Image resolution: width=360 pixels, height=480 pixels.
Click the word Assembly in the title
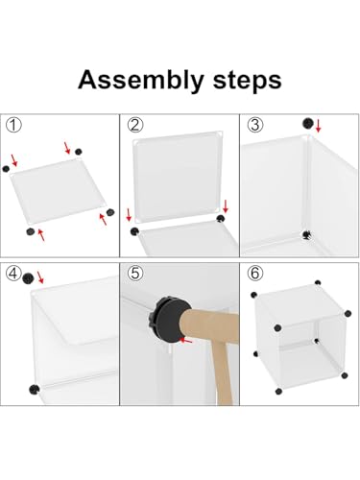(x=141, y=81)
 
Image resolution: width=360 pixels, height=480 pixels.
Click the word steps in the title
(x=247, y=80)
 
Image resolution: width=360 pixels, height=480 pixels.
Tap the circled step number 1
(x=13, y=125)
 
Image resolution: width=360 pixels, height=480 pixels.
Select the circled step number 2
(x=135, y=125)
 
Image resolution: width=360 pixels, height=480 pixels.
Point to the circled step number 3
(x=255, y=125)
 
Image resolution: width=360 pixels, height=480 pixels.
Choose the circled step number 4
(x=13, y=274)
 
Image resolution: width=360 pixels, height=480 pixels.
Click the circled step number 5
(x=135, y=274)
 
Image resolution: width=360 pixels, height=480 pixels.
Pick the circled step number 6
(x=255, y=274)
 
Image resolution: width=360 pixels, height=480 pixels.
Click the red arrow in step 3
(x=318, y=126)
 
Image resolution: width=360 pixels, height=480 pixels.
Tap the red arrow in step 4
(x=40, y=277)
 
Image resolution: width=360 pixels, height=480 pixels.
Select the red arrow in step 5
(x=186, y=340)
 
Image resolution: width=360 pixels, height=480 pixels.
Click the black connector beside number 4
(x=29, y=278)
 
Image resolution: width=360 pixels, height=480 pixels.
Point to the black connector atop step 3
(x=308, y=124)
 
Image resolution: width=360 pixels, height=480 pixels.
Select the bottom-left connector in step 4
(x=34, y=389)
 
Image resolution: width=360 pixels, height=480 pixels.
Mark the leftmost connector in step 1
(x=6, y=169)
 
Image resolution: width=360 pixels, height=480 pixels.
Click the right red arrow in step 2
(x=226, y=206)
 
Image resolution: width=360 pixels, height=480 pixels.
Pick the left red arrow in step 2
(x=129, y=215)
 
